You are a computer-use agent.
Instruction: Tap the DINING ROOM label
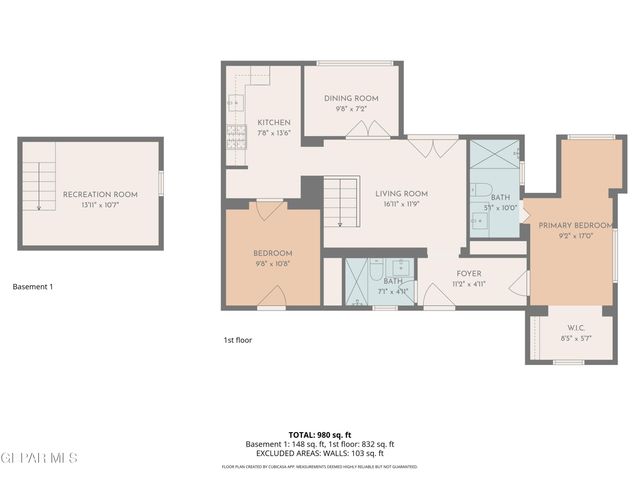click(x=350, y=98)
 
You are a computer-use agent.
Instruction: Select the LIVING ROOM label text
click(x=401, y=193)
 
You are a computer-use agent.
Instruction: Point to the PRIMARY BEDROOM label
click(x=574, y=225)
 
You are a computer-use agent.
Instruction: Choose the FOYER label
click(x=469, y=273)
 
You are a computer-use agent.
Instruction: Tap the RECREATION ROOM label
click(x=92, y=193)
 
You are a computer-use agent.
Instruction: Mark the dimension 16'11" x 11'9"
click(x=401, y=205)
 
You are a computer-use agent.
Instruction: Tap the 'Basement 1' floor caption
click(x=32, y=287)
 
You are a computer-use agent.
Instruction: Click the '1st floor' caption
click(x=237, y=340)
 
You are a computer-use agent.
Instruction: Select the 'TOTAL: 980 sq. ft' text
click(x=320, y=435)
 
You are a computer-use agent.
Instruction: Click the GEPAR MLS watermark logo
click(x=39, y=458)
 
